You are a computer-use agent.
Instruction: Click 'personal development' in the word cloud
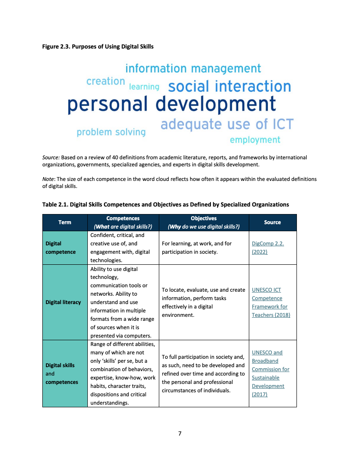tap(172, 104)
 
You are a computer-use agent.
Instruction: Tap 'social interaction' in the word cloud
tap(229, 86)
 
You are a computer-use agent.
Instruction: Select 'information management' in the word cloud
tap(193, 69)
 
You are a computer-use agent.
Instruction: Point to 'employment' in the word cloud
tap(255, 140)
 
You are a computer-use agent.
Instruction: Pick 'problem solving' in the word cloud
tap(111, 132)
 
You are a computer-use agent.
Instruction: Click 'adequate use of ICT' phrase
tap(227, 124)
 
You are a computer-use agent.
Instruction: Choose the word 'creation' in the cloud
tap(106, 81)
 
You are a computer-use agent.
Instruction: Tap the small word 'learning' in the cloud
tap(144, 87)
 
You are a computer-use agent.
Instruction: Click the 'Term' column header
tap(65, 222)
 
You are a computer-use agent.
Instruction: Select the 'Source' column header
tap(272, 222)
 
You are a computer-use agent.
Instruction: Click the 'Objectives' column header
tap(204, 218)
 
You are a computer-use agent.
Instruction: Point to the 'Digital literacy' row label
tap(63, 302)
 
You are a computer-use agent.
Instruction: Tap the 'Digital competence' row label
tap(60, 248)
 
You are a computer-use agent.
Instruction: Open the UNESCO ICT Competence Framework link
tap(271, 302)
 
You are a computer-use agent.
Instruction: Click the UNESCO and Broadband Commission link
tap(270, 373)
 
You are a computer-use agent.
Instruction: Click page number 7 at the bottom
tap(180, 434)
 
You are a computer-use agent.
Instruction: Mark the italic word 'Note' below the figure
tap(48, 179)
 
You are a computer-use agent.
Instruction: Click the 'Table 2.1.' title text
tap(55, 204)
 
